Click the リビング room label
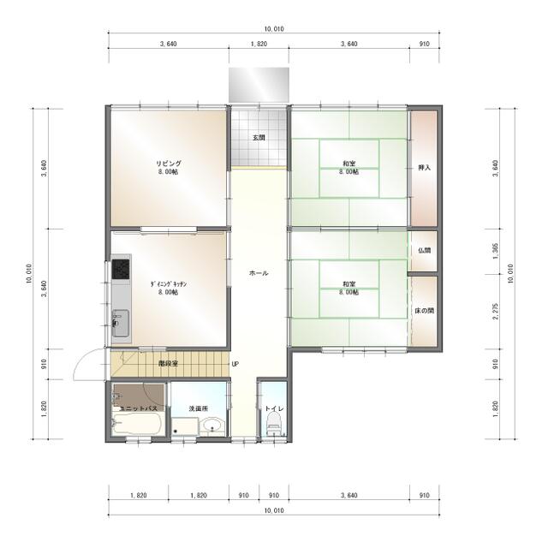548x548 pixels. coord(169,164)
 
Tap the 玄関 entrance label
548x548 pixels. coord(259,137)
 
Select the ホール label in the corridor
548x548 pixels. coord(259,273)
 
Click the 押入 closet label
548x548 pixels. coord(425,168)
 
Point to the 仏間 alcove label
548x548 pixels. coord(425,250)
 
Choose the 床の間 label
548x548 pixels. coord(425,310)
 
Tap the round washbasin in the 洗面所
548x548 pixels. coord(211,426)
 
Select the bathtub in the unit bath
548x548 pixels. coord(137,423)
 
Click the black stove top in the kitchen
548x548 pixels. coord(121,269)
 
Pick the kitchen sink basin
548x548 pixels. coord(120,324)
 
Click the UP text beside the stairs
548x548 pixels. coord(235,364)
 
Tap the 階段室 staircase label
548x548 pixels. coord(169,363)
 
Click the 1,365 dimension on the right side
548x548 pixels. coord(496,251)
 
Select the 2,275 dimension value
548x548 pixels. coord(496,312)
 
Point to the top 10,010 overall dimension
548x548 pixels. coord(274,29)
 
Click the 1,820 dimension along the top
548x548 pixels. coord(259,44)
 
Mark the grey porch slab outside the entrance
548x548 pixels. coord(259,86)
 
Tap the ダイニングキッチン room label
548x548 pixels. coord(169,284)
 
